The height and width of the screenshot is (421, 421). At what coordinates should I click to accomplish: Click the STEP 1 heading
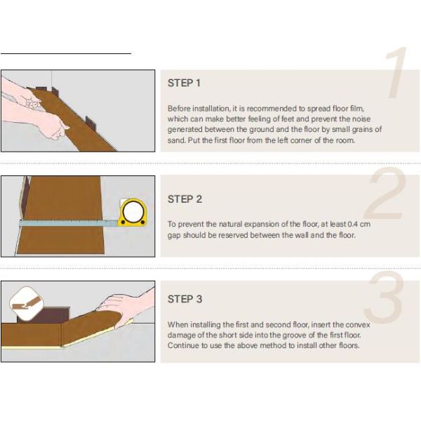(184, 83)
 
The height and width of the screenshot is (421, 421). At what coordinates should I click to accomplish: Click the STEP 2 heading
(185, 199)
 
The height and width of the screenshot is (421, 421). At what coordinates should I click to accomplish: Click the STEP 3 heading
(185, 299)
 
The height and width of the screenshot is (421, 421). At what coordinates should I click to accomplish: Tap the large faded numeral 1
(396, 72)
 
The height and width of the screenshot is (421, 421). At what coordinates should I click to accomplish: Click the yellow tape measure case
(133, 212)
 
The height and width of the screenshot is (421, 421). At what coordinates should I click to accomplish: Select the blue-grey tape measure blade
(69, 223)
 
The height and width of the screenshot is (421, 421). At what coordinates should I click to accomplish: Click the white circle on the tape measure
(133, 210)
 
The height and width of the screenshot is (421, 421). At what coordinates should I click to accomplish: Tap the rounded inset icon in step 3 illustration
(27, 304)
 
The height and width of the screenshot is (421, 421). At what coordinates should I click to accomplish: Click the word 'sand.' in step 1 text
(176, 140)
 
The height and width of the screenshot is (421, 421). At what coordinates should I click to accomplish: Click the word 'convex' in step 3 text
(357, 325)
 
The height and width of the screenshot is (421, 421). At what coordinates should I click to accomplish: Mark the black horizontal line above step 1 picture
(66, 54)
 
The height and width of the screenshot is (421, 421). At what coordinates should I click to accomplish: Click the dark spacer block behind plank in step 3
(43, 314)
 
